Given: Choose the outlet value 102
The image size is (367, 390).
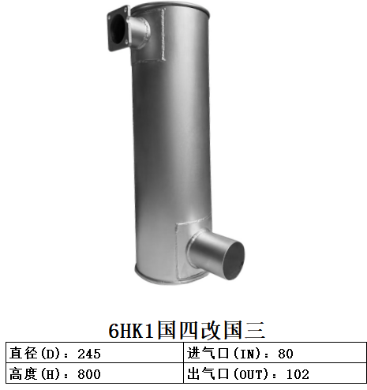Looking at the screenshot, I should (x=297, y=373).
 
